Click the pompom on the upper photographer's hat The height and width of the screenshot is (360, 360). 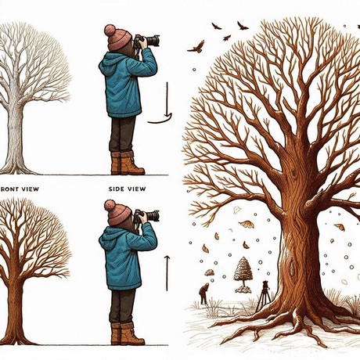coord(110,30)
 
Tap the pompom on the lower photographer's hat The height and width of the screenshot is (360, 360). coord(110,205)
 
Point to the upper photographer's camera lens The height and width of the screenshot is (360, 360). coord(153,41)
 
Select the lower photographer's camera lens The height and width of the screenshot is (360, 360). coord(153,216)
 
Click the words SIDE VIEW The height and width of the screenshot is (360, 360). coord(127,189)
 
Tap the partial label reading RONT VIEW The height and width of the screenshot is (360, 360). coord(20,189)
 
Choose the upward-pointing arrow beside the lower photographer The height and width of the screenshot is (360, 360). coord(167,273)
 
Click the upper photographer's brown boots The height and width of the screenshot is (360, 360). coord(127,164)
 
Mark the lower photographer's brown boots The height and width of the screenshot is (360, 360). coord(127,334)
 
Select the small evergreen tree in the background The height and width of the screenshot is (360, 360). coord(243,274)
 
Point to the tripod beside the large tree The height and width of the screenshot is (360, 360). coord(264,296)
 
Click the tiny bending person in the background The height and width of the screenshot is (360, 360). coord(203,293)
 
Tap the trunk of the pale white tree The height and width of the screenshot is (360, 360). coord(15,139)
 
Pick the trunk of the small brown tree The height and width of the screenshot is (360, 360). coord(15,313)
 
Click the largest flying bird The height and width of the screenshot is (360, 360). coord(197,47)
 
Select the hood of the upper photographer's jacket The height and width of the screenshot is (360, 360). coord(106,63)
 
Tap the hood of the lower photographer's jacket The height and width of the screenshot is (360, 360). coord(106,238)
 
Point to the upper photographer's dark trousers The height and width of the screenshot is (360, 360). coord(122,135)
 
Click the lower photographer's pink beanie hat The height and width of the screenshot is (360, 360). coord(117,213)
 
